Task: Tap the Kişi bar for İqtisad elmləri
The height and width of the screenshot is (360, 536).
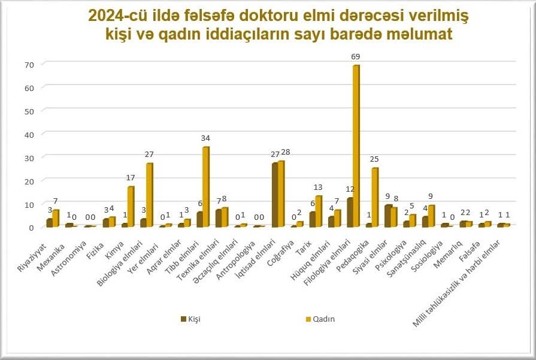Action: coord(275,195)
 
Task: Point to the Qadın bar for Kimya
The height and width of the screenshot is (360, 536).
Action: coord(131,207)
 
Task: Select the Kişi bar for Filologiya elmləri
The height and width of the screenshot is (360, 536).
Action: coord(350,213)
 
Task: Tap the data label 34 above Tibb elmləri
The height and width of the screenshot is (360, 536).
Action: coord(205,138)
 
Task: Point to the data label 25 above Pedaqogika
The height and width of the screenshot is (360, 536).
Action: coord(375,159)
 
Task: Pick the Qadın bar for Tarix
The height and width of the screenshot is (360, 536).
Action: coord(319,211)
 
